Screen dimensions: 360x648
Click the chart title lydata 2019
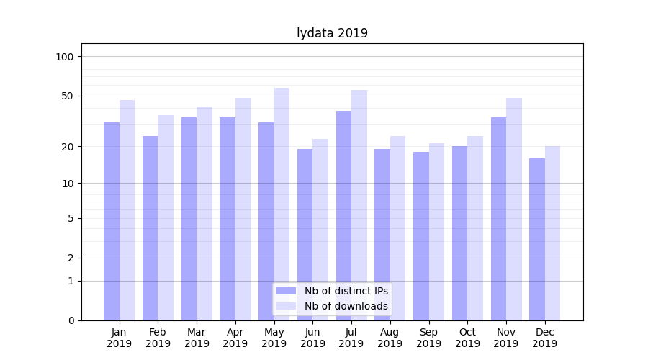click(332, 33)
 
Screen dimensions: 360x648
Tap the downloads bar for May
click(282, 204)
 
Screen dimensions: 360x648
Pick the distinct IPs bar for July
click(343, 216)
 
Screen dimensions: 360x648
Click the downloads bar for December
click(552, 233)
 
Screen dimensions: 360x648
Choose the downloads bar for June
click(320, 230)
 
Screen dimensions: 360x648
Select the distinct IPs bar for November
click(498, 219)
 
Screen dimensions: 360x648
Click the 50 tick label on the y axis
click(67, 96)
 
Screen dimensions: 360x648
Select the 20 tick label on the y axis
click(67, 147)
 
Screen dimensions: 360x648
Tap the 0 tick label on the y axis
click(71, 320)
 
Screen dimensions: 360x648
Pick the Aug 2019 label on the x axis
click(390, 338)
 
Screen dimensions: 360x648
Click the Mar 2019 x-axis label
click(197, 338)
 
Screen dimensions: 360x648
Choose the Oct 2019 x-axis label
click(467, 338)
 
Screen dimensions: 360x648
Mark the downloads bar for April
click(243, 210)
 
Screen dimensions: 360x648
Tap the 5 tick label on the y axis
click(71, 218)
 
